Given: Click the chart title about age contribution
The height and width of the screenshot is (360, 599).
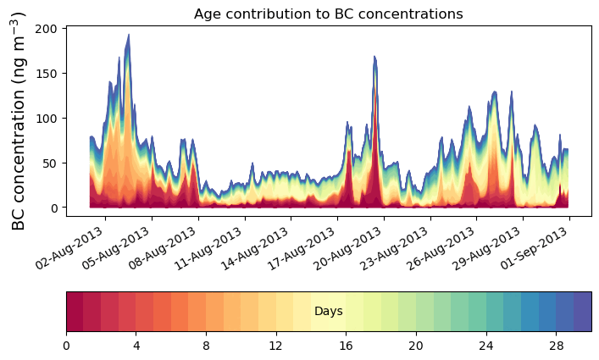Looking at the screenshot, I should click(x=328, y=14).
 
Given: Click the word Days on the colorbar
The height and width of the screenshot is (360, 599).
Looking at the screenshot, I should click(x=328, y=312).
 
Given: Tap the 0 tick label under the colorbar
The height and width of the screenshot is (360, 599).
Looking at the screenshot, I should click(x=66, y=346).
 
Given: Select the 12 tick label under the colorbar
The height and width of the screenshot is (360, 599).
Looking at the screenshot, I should click(x=276, y=346).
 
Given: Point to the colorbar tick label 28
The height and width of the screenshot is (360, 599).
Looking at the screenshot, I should click(x=556, y=346).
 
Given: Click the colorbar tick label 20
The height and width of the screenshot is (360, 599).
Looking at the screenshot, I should click(x=416, y=346).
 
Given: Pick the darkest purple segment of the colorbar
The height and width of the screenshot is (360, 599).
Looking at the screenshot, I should click(x=582, y=312).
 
